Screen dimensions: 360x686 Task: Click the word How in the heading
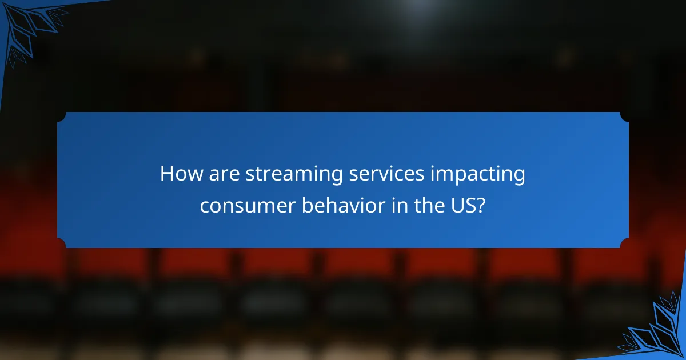coord(180,174)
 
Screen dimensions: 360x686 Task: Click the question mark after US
coord(481,205)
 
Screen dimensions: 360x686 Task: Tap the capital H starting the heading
coord(166,174)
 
